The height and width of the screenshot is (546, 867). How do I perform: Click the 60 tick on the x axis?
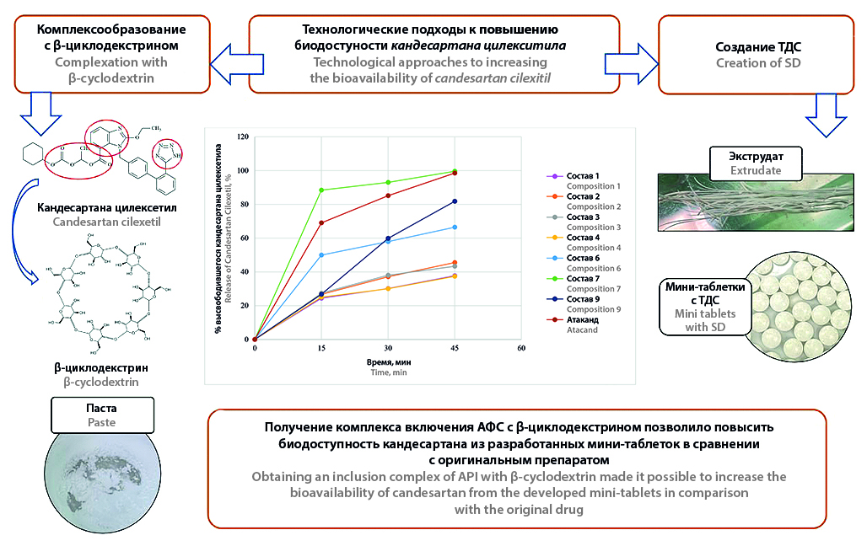pos(521,348)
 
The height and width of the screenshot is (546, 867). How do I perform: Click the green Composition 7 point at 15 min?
pos(321,190)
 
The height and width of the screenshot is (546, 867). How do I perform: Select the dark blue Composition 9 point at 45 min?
pos(455,201)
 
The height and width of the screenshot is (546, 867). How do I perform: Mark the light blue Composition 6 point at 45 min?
pos(455,227)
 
